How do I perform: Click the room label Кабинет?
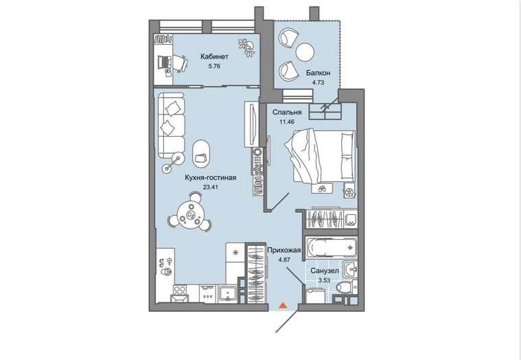[214, 57]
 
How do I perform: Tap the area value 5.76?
[214, 66]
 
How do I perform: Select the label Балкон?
[318, 73]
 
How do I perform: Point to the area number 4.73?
[318, 82]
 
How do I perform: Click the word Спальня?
[287, 113]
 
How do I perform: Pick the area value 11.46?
[287, 122]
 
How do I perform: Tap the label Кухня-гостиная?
[211, 178]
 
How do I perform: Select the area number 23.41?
[210, 187]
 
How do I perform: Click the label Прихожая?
[284, 250]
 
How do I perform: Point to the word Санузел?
[325, 271]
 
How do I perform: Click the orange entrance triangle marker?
[282, 305]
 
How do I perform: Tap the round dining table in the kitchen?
[191, 215]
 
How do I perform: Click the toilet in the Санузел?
[344, 287]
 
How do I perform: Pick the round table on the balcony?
[305, 52]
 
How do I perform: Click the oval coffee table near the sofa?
[201, 154]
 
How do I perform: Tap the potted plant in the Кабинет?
[246, 48]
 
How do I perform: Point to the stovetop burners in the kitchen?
[180, 291]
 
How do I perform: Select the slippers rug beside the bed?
[322, 188]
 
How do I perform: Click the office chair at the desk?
[180, 63]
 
